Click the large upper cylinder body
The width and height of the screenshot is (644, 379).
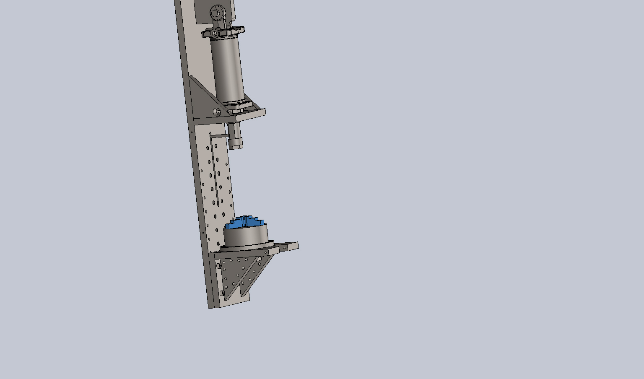tap(227, 69)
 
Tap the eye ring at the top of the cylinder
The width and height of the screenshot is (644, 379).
tap(218, 12)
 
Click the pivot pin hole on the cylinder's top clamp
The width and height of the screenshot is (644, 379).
tap(215, 33)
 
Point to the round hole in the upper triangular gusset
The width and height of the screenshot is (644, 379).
tap(216, 112)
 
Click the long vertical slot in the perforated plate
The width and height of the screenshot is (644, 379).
tap(215, 168)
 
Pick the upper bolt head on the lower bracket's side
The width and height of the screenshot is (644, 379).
tap(219, 266)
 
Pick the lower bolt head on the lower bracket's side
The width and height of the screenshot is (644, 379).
tap(223, 293)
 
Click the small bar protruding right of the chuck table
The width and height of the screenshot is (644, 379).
tap(288, 246)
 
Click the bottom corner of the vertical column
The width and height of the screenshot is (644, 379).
tap(210, 307)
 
